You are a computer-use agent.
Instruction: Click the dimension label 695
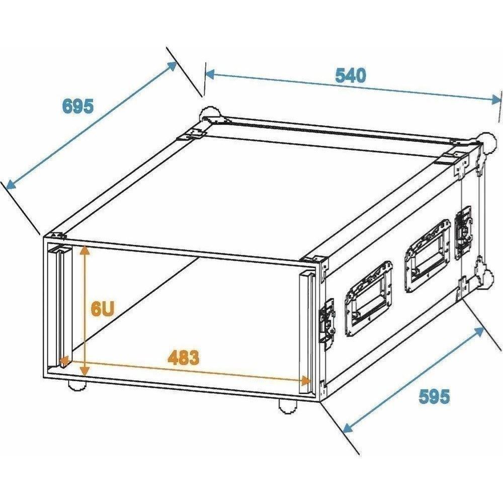[78, 106]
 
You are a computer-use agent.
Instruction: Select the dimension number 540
[350, 76]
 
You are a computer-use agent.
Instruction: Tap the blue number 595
[434, 396]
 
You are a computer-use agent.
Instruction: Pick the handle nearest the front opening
[368, 298]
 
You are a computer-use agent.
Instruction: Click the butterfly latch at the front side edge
[327, 324]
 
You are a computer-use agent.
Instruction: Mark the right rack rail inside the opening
[306, 332]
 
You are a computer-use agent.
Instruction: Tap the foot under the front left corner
[76, 385]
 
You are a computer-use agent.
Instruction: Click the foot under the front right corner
[287, 406]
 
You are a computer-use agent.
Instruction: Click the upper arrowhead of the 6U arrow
[85, 250]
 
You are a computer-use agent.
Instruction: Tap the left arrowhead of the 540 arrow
[210, 74]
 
